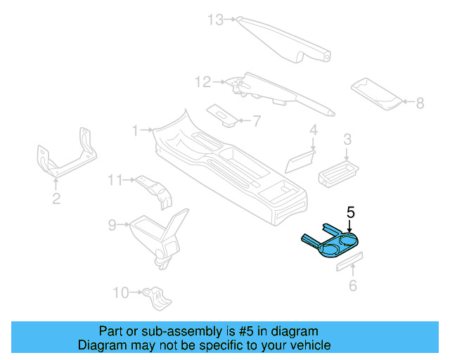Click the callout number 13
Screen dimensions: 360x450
(x=215, y=20)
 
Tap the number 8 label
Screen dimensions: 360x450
(x=420, y=103)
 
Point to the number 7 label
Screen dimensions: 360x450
(x=256, y=121)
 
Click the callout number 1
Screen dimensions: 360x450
(x=136, y=130)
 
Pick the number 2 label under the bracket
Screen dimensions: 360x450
(x=56, y=199)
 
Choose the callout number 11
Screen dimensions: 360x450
(x=115, y=181)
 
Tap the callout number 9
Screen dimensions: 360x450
(x=112, y=225)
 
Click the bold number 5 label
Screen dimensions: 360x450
(x=351, y=210)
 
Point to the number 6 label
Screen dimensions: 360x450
(x=353, y=285)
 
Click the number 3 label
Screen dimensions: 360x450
(x=347, y=140)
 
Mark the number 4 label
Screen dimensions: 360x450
(x=314, y=129)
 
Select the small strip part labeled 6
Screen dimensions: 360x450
(x=349, y=262)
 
